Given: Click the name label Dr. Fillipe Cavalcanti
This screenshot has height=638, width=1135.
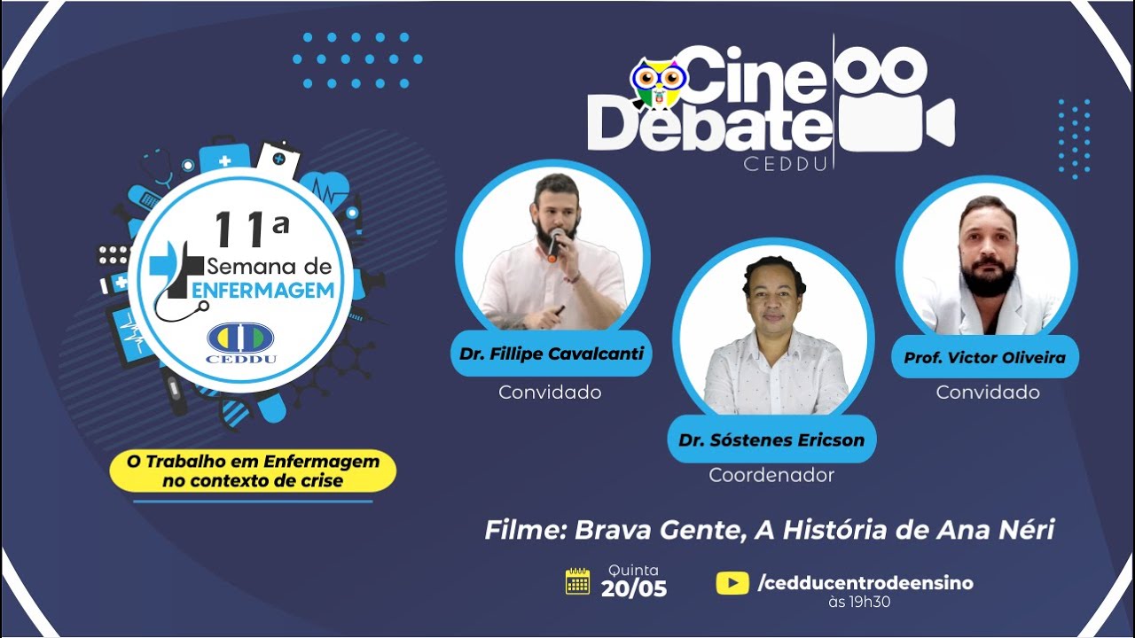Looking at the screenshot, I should click(552, 354).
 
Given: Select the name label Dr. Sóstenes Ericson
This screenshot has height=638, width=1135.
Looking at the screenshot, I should click(771, 440).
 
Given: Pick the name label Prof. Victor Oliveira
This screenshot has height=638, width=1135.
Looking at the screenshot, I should click(984, 358).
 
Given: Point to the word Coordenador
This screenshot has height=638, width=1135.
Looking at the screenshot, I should click(771, 475).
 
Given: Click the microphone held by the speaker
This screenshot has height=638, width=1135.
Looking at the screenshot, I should click(554, 244).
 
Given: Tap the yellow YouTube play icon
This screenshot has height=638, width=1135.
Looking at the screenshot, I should click(732, 582).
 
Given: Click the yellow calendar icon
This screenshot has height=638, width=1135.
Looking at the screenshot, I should click(578, 581).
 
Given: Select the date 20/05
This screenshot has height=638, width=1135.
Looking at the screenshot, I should click(633, 588).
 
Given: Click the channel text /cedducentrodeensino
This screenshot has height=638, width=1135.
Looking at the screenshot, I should click(865, 582).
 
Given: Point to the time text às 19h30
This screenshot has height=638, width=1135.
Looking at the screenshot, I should click(858, 603).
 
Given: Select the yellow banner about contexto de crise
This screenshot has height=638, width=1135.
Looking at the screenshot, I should click(253, 471).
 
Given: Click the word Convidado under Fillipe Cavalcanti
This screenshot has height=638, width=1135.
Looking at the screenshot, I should click(550, 392).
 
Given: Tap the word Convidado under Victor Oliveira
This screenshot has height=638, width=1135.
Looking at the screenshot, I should click(988, 392).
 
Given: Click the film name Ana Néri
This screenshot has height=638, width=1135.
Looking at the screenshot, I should click(996, 530).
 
